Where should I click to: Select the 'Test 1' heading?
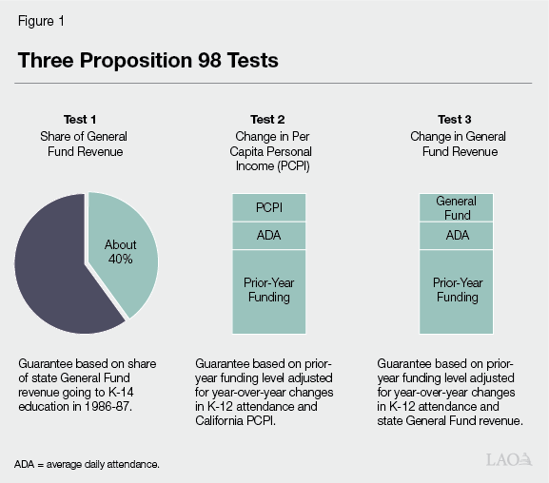click(x=80, y=120)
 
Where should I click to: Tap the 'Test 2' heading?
click(x=267, y=120)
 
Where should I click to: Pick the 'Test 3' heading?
click(x=455, y=120)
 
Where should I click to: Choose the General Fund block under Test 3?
click(x=457, y=207)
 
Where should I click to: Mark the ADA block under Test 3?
click(x=457, y=235)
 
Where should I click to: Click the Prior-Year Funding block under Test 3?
click(x=457, y=290)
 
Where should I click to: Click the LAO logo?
click(x=508, y=459)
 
